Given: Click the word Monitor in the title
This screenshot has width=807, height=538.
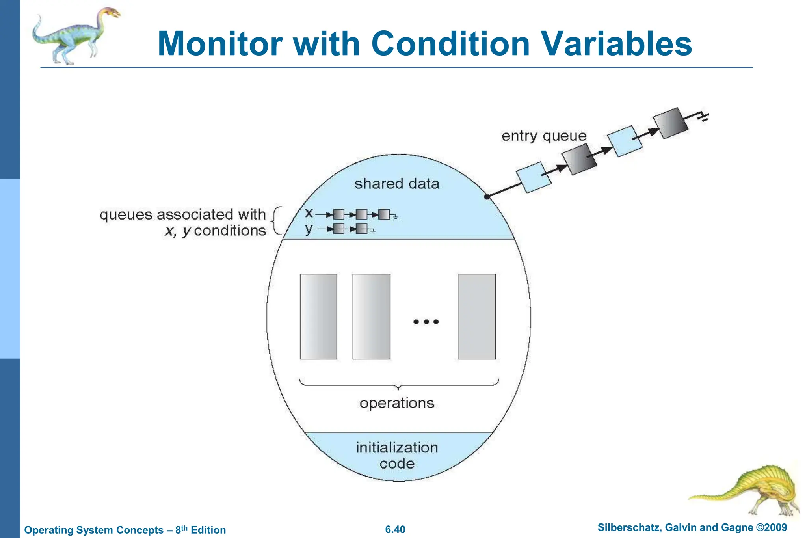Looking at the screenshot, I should tap(220, 44).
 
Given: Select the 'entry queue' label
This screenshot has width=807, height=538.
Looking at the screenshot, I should tap(544, 136).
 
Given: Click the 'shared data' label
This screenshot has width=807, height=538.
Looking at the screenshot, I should tap(397, 184).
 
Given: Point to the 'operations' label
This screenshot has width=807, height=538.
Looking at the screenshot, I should tap(397, 403).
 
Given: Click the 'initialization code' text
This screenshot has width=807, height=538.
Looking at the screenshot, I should tap(397, 455).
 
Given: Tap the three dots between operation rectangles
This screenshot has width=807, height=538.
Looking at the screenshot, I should tap(426, 322).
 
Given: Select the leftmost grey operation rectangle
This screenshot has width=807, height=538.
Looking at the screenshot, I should tap(318, 316).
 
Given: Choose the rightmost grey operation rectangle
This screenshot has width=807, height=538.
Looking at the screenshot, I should tap(477, 316).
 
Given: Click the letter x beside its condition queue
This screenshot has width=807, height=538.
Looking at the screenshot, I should tap(309, 213).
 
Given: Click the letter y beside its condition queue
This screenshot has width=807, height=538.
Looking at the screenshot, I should tap(309, 229).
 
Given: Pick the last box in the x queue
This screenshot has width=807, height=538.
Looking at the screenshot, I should tap(384, 214).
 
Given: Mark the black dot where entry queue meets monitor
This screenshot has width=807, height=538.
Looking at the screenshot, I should tap(487, 197).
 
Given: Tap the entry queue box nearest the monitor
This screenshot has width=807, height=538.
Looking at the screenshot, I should tap(533, 177).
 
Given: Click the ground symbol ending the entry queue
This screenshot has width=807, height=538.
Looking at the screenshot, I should tap(704, 116).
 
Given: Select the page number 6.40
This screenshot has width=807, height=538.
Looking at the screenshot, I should tap(395, 529).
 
